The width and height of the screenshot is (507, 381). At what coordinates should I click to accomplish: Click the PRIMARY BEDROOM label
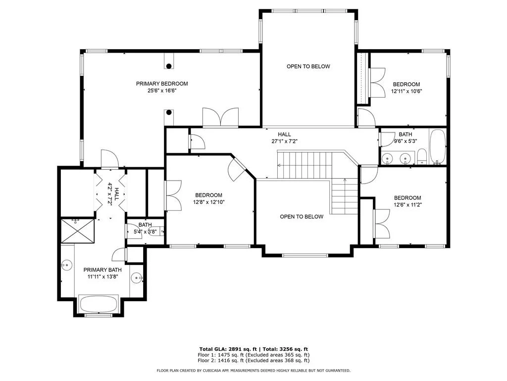pyautogui.click(x=162, y=83)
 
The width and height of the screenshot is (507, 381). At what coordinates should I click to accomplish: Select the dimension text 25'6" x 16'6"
pyautogui.click(x=162, y=91)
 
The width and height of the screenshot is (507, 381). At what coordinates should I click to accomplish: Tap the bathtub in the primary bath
pyautogui.click(x=99, y=304)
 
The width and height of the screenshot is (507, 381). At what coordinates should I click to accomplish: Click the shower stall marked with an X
pyautogui.click(x=78, y=231)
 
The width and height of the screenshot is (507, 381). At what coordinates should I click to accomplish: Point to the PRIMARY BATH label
pyautogui.click(x=102, y=270)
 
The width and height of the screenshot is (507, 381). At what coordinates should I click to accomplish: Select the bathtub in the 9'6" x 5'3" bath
pyautogui.click(x=438, y=146)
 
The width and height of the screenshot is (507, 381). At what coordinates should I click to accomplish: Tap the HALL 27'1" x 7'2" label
pyautogui.click(x=284, y=138)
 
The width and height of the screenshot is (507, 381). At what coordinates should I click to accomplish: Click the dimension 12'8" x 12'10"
pyautogui.click(x=208, y=202)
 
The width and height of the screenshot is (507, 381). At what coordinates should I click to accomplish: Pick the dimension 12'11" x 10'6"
pyautogui.click(x=406, y=91)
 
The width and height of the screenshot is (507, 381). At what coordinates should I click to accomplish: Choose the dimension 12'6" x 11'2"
pyautogui.click(x=407, y=205)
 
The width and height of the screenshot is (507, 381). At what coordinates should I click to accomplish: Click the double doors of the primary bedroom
pyautogui.click(x=220, y=117)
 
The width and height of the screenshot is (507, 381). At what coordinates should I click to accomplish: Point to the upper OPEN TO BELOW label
pyautogui.click(x=308, y=66)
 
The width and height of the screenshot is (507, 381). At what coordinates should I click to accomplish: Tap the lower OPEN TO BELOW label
pyautogui.click(x=302, y=217)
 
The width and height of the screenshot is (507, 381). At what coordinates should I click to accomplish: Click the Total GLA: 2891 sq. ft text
pyautogui.click(x=228, y=349)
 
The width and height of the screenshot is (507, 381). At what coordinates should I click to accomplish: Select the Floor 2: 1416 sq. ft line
pyautogui.click(x=253, y=360)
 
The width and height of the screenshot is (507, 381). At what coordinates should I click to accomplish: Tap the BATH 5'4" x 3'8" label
pyautogui.click(x=145, y=228)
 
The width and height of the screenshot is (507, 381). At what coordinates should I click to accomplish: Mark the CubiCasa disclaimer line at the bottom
pyautogui.click(x=253, y=370)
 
